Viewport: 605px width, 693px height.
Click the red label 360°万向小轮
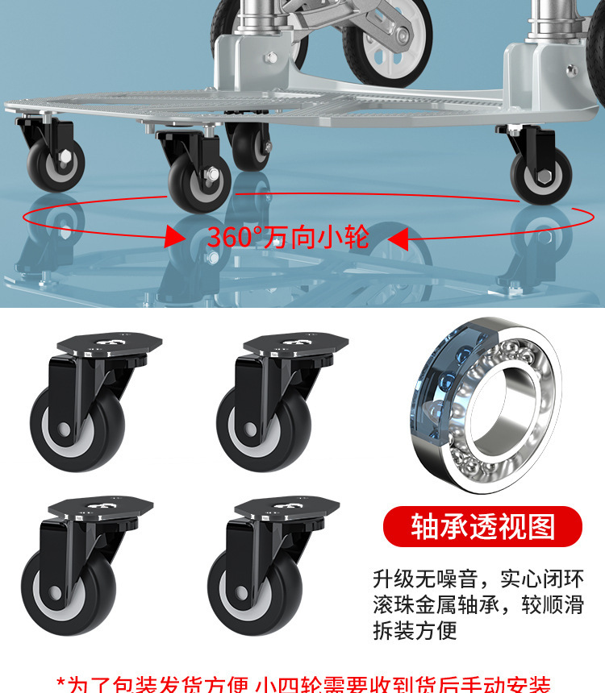tap(288, 237)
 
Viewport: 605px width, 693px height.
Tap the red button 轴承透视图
tap(483, 527)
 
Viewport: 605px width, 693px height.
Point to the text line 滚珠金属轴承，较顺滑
tap(478, 604)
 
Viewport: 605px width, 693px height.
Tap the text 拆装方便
tap(415, 630)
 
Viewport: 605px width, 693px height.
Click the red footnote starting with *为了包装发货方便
tap(302, 683)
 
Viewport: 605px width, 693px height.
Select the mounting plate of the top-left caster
tap(109, 345)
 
